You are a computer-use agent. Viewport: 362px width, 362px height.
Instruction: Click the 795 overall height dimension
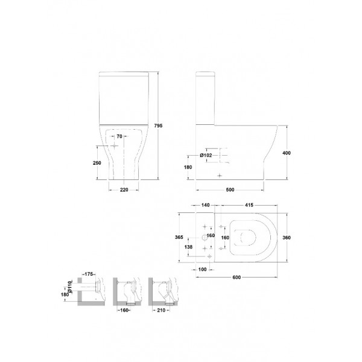(158, 125)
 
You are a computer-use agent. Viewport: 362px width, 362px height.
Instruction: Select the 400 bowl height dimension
(287, 153)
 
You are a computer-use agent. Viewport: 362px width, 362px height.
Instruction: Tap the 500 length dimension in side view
(230, 190)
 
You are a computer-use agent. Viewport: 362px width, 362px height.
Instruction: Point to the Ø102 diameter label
(206, 156)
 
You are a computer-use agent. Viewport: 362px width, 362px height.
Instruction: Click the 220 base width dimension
(124, 190)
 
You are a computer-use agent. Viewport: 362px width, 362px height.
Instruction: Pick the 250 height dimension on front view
(97, 163)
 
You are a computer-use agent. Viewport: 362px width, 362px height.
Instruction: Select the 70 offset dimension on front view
(119, 136)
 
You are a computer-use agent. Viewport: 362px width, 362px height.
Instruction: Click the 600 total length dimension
(237, 278)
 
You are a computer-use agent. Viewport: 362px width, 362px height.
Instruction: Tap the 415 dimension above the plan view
(249, 205)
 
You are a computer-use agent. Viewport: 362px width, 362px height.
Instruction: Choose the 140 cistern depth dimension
(206, 205)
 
